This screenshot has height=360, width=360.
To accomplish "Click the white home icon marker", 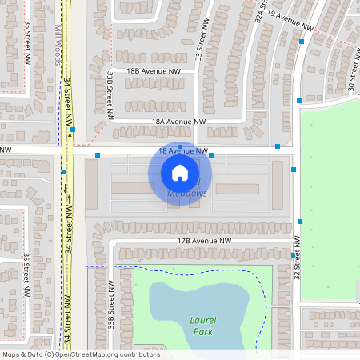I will point(180,172).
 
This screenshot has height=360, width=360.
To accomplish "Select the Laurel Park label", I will point(204,324).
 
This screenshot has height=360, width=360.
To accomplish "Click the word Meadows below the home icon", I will point(189,194).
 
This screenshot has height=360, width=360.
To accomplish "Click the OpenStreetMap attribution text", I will point(80,354).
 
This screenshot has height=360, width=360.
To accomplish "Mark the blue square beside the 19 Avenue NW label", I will point(302,41).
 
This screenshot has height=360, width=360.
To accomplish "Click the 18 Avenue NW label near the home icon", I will point(183,150).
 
